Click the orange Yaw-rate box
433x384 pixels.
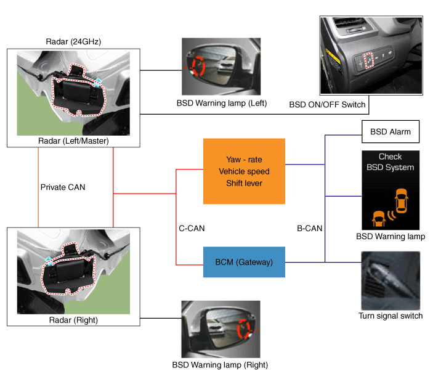click(x=245, y=171)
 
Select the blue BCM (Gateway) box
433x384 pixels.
click(x=245, y=263)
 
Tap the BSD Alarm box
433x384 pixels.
click(x=390, y=132)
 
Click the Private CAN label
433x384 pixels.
click(x=63, y=187)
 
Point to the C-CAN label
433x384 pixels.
click(x=192, y=228)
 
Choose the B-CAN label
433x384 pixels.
click(x=310, y=228)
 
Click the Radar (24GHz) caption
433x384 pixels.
click(x=73, y=42)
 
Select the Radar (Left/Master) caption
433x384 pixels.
click(x=73, y=141)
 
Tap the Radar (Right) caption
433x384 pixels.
click(x=73, y=320)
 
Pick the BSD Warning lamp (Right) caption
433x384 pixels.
click(x=220, y=365)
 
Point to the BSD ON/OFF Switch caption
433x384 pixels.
click(x=327, y=105)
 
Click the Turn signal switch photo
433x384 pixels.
click(x=391, y=280)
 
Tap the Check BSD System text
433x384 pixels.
click(x=391, y=162)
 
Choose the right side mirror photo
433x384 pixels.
click(x=221, y=329)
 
